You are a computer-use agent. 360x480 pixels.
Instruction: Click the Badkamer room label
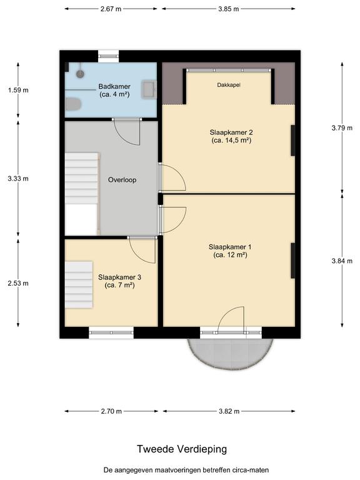[114, 87]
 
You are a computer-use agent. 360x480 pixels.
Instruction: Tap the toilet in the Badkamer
[73, 104]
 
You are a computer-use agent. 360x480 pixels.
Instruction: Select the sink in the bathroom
[149, 89]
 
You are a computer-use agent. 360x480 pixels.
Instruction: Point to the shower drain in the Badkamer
[80, 74]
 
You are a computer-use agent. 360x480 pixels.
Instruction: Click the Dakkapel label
[229, 85]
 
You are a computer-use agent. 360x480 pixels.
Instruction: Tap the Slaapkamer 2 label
[231, 132]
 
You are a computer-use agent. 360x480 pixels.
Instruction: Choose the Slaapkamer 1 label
[230, 247]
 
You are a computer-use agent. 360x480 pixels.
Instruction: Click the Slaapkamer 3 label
[120, 277]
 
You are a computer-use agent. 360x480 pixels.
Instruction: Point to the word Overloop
[122, 180]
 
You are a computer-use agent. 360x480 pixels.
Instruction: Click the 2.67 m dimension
[111, 9]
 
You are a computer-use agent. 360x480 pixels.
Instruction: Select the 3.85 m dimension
[229, 9]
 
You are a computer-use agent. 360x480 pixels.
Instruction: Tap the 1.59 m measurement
[18, 90]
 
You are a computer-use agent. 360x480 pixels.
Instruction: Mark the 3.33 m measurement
[18, 179]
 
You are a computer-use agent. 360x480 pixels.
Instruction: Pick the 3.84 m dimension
[342, 261]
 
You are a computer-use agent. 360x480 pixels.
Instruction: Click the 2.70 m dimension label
[111, 411]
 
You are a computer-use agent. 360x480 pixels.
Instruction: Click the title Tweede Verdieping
[182, 449]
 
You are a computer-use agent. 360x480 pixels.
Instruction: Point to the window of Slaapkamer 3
[111, 332]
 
